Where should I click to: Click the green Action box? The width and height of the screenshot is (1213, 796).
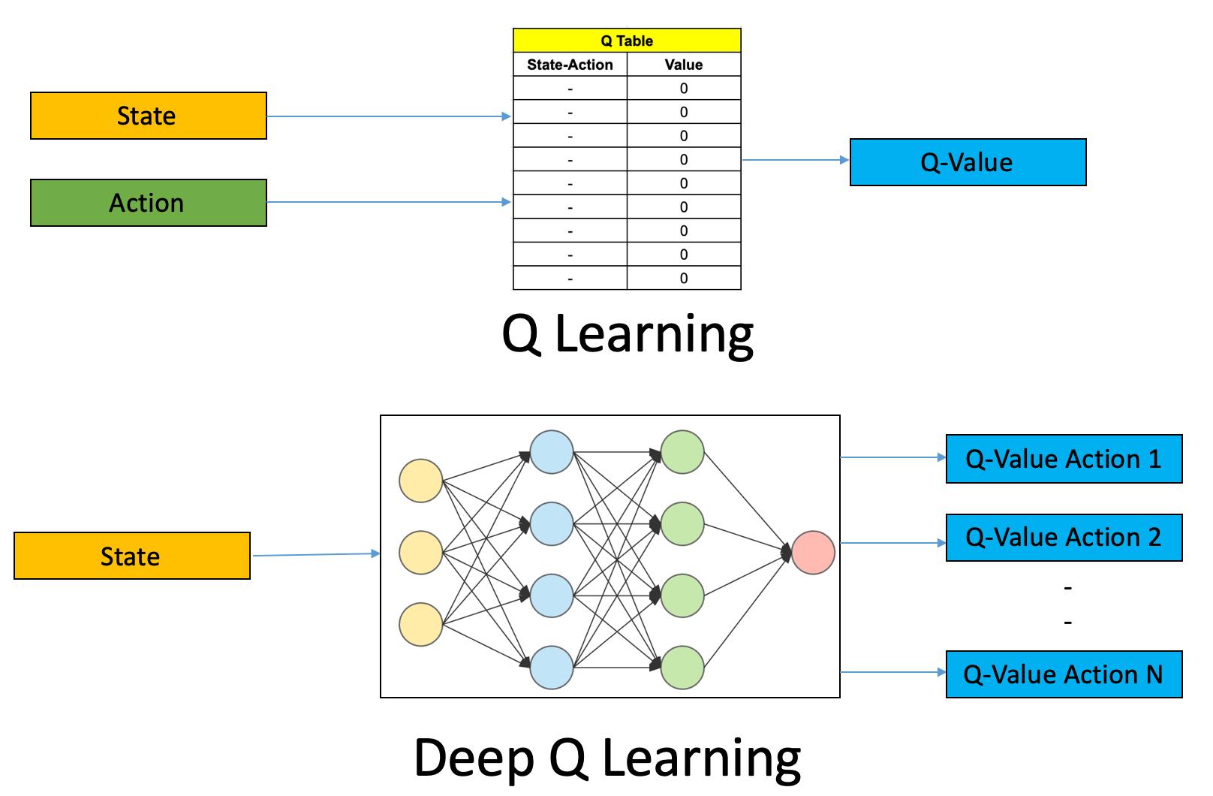pyautogui.click(x=149, y=203)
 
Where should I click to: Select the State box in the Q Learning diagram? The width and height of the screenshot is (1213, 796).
pyautogui.click(x=149, y=116)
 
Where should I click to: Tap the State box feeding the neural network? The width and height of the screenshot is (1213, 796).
pyautogui.click(x=132, y=556)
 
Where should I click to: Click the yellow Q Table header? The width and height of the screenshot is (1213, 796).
pyautogui.click(x=627, y=41)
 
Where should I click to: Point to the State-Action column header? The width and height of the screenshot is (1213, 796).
pyautogui.click(x=570, y=65)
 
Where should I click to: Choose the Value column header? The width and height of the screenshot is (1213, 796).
pyautogui.click(x=684, y=65)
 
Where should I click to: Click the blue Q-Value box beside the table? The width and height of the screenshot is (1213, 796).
pyautogui.click(x=968, y=162)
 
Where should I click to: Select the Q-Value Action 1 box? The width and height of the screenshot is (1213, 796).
pyautogui.click(x=1064, y=459)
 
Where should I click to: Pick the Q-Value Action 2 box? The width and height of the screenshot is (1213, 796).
pyautogui.click(x=1064, y=538)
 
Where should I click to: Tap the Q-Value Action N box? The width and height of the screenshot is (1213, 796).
pyautogui.click(x=1064, y=674)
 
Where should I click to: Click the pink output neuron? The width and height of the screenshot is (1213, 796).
pyautogui.click(x=813, y=553)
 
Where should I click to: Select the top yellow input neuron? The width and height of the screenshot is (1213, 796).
pyautogui.click(x=420, y=481)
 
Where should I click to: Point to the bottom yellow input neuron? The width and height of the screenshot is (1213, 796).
pyautogui.click(x=420, y=624)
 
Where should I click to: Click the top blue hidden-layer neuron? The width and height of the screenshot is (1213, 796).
pyautogui.click(x=552, y=452)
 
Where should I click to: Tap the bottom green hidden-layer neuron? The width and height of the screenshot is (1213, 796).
pyautogui.click(x=682, y=668)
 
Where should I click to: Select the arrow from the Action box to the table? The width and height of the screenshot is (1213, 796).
pyautogui.click(x=387, y=202)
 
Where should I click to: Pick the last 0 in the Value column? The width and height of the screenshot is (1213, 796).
pyautogui.click(x=684, y=278)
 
